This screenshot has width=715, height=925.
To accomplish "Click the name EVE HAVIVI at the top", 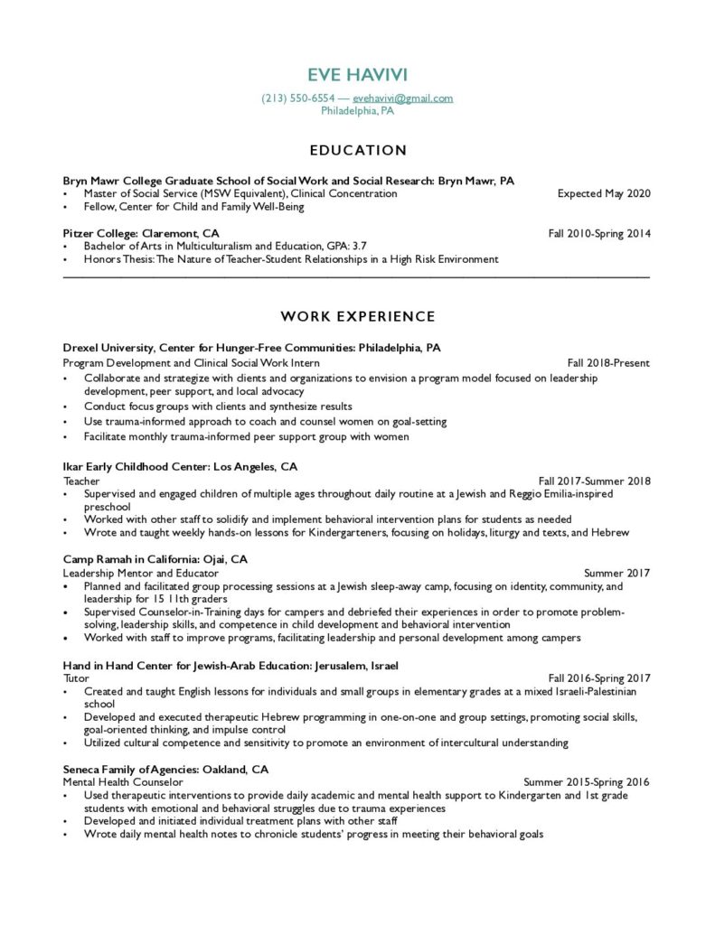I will (357, 74).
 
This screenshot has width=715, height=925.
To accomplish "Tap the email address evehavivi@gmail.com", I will (403, 98).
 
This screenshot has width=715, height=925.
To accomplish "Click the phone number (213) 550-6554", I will (298, 98).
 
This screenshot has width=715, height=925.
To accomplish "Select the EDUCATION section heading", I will (357, 150).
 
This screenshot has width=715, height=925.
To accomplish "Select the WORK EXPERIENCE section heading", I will (357, 316).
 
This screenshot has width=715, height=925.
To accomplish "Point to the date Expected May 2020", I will (603, 193).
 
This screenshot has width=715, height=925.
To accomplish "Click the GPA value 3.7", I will (358, 246).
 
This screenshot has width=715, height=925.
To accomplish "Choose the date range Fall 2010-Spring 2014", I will (598, 233).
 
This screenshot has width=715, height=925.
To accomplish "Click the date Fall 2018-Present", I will (608, 363).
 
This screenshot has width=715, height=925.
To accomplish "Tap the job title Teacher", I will (81, 481).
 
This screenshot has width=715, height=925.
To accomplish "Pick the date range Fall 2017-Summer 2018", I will (594, 481).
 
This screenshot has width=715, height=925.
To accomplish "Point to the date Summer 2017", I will (616, 574).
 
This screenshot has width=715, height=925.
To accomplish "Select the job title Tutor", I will (76, 678).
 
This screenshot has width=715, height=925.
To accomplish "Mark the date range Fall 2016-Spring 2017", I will (598, 678).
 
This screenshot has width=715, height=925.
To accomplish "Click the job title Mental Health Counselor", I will (123, 782).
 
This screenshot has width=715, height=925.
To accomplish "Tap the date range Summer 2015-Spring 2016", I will (586, 782).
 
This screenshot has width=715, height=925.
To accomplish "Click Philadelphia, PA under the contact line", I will (357, 111).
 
